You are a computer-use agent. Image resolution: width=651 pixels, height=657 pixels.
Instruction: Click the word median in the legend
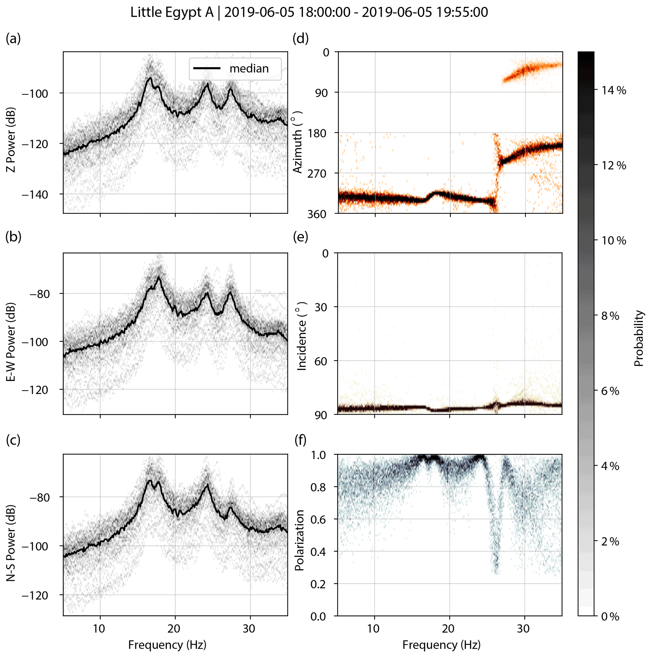pyautogui.click(x=249, y=69)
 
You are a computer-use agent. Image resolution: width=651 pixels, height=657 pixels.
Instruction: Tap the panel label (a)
pyautogui.click(x=13, y=39)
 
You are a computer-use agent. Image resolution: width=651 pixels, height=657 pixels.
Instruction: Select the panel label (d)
pyautogui.click(x=300, y=39)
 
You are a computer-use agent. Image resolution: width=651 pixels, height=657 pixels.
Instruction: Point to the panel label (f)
pyautogui.click(x=300, y=440)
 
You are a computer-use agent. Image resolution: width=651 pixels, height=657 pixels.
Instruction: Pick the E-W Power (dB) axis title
pyautogui.click(x=11, y=341)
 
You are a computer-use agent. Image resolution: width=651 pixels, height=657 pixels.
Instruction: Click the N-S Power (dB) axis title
pyautogui.click(x=11, y=543)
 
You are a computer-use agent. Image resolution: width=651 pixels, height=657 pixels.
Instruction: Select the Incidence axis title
pyautogui.click(x=301, y=336)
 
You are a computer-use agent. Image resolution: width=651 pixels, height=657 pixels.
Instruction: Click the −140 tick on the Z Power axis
pyautogui.click(x=35, y=194)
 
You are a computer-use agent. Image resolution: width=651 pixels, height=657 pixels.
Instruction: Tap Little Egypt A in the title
pyautogui.click(x=172, y=13)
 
